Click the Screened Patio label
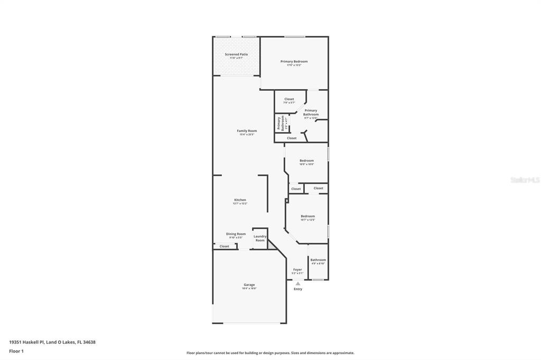coord(236,54)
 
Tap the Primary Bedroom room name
coord(294,61)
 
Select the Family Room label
coord(247,131)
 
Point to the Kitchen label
coord(240,200)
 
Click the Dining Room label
coord(236,234)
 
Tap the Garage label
coord(249,285)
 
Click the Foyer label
coord(297,269)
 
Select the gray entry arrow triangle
coord(297,284)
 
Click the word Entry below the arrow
coord(298,289)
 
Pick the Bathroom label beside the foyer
coord(318,260)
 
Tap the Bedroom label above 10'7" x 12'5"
coord(308,216)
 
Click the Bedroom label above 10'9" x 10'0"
coord(306,160)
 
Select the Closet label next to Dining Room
coord(225,247)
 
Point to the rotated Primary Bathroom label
coord(280,124)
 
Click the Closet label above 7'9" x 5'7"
coord(289,99)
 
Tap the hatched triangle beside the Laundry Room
coord(272,244)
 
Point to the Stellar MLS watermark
coord(525,180)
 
